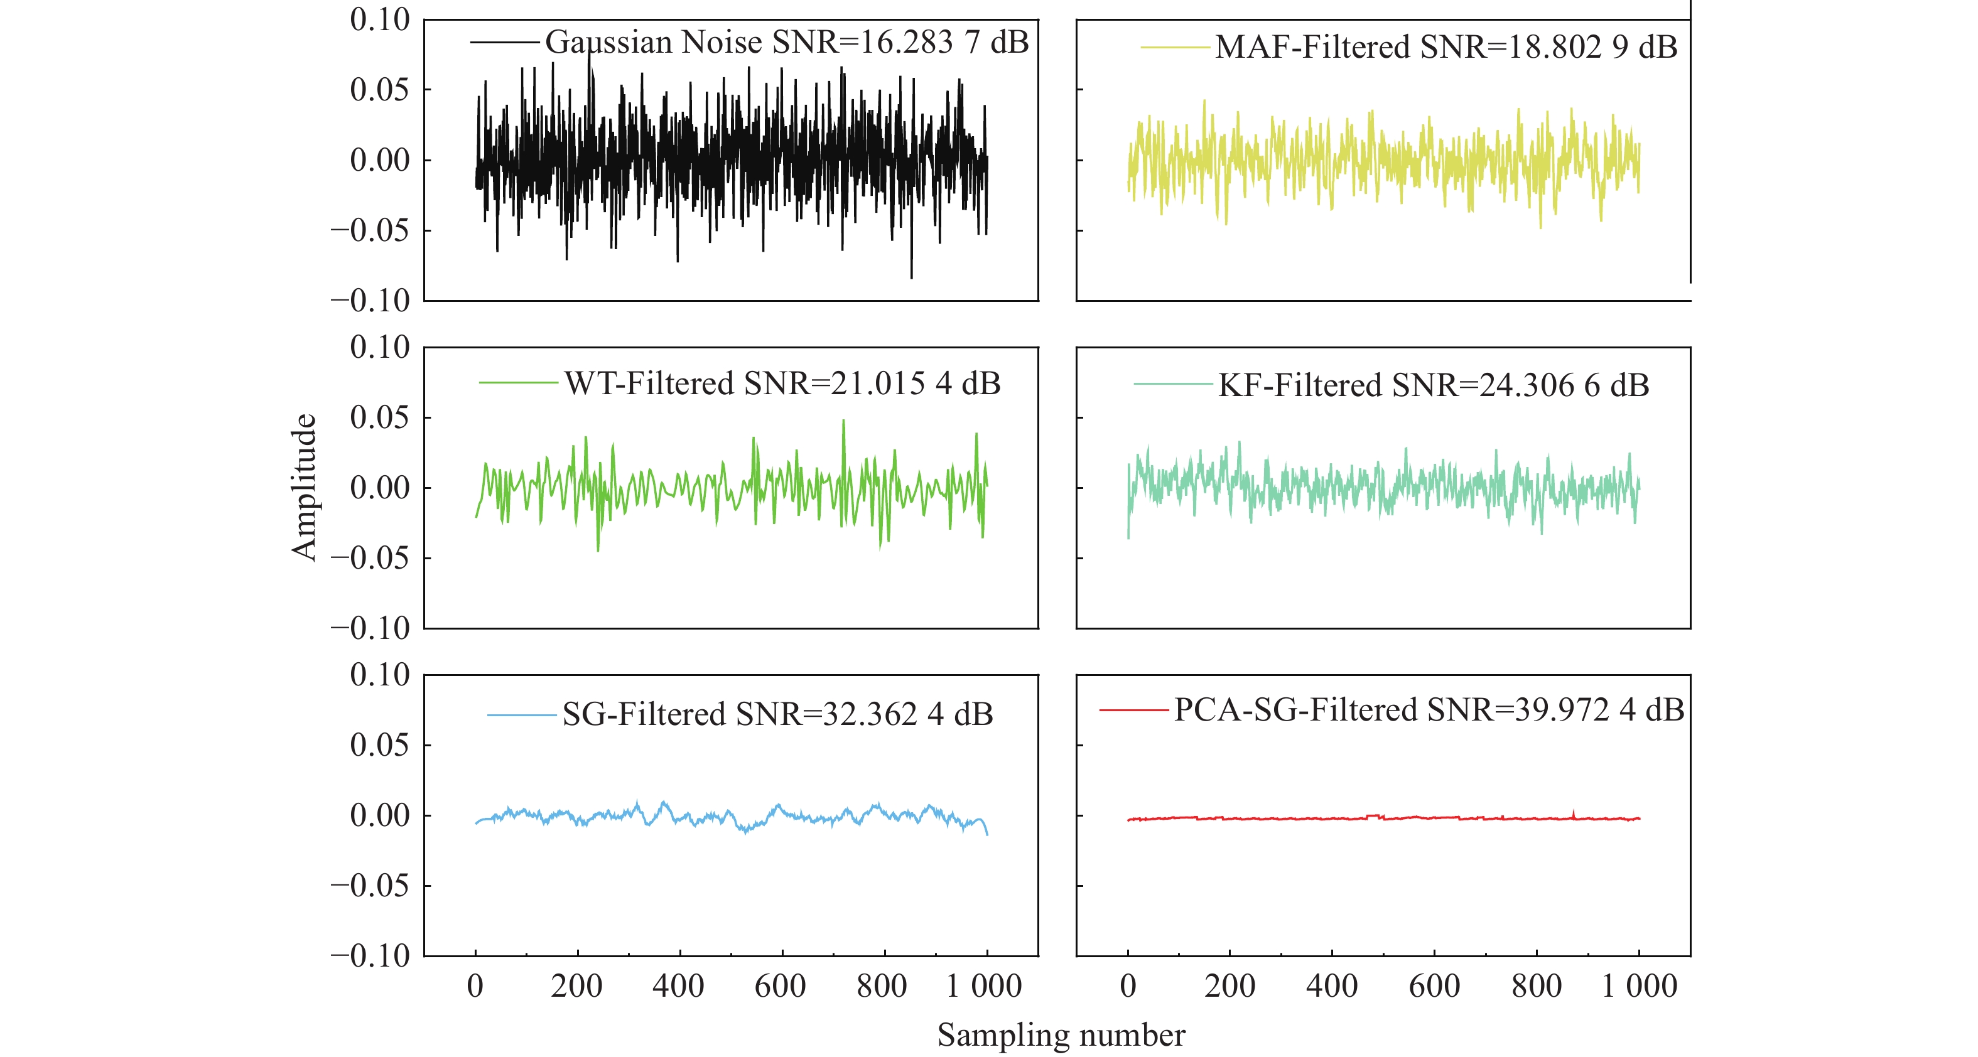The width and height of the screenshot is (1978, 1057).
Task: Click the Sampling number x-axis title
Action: click(x=1061, y=1035)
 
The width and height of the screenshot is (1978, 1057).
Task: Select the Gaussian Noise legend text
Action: click(x=652, y=41)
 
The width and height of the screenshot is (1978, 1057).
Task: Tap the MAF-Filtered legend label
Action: click(x=1313, y=48)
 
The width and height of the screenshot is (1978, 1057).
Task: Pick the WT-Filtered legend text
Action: click(x=649, y=383)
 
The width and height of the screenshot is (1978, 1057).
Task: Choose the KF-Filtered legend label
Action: click(x=1299, y=385)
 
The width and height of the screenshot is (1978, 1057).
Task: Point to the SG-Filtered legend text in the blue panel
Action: click(x=644, y=715)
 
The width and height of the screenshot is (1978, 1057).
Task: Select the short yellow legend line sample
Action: click(x=1175, y=48)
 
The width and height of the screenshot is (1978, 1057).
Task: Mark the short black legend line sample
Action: click(x=504, y=42)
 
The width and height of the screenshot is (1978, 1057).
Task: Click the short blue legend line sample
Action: click(x=522, y=716)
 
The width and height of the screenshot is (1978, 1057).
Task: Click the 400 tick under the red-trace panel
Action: click(x=1331, y=986)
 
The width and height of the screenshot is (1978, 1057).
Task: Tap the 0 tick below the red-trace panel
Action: click(x=1127, y=986)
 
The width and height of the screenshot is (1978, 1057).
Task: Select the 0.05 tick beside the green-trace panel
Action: click(x=379, y=417)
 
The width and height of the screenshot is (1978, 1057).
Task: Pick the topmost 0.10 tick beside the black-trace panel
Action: click(x=379, y=20)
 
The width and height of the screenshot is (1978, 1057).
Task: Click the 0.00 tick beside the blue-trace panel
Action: click(x=379, y=815)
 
